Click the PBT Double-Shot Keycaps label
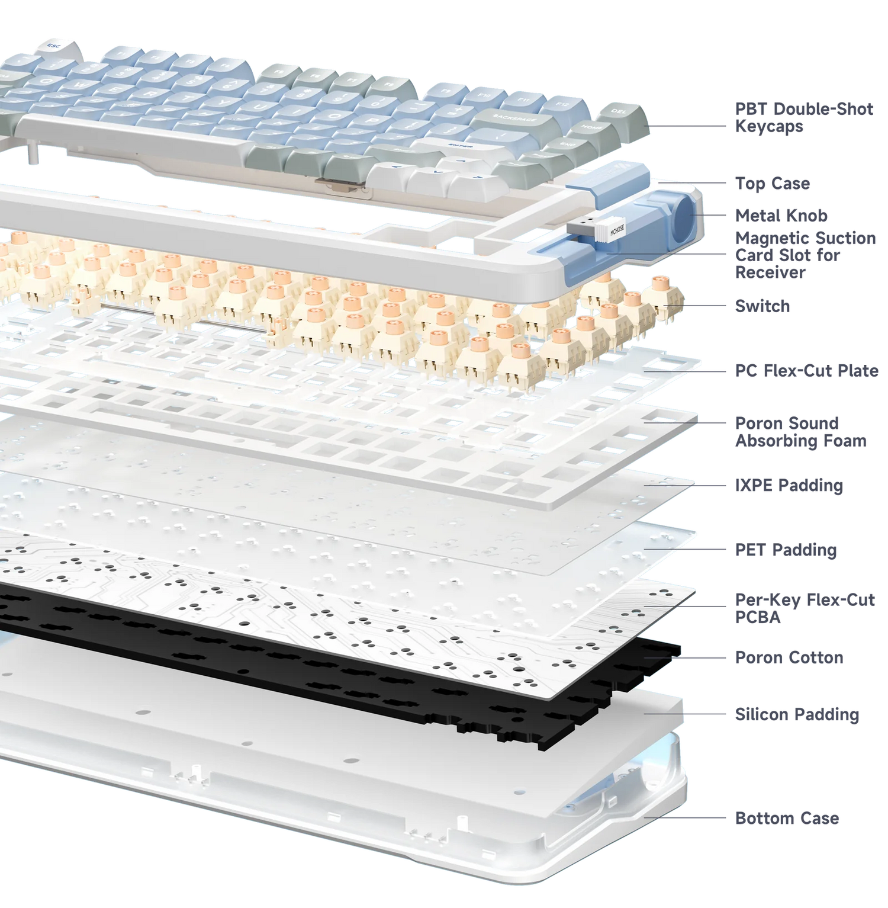tap(803, 117)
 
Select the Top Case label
tap(772, 184)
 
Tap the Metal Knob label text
tap(781, 215)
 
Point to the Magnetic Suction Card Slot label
tap(805, 255)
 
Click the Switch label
tap(762, 306)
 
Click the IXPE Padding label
tap(788, 486)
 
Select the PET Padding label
tap(786, 550)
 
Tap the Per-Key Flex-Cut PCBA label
tap(804, 608)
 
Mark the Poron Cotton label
tap(789, 657)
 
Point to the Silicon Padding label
tap(796, 714)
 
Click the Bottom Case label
tap(787, 819)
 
